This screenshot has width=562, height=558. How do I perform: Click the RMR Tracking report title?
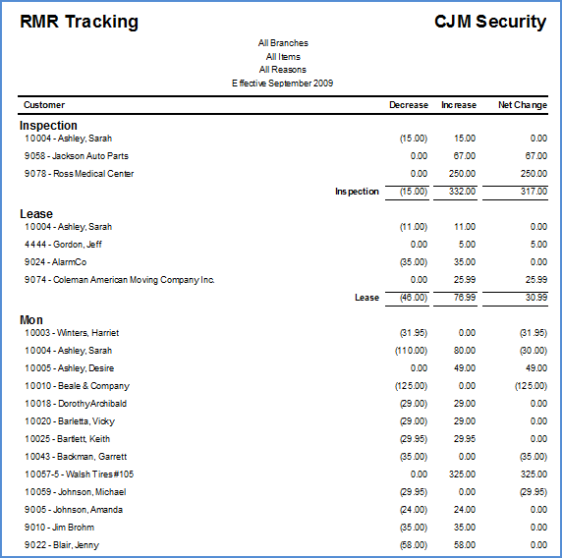pos(79,22)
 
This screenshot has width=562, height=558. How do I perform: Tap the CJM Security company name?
pos(490,22)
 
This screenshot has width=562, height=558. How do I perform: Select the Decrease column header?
pos(409,105)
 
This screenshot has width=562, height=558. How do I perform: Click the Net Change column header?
pos(523,105)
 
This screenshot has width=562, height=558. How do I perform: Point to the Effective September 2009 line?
pos(282,84)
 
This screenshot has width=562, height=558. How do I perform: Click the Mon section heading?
pos(31,320)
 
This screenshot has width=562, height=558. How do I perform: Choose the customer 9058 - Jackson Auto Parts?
pos(77,156)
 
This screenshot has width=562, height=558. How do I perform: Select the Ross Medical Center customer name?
pos(93,174)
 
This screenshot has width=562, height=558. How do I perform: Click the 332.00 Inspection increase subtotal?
pos(462,192)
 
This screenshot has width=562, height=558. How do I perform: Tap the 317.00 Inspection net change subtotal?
pos(534,192)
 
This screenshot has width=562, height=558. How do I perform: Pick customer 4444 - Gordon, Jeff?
pos(63,245)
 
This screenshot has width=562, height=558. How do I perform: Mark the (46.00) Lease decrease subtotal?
pos(414,298)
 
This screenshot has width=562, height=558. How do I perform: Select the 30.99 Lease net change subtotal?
pos(536,298)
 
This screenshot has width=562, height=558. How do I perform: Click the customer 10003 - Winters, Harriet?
pos(72,333)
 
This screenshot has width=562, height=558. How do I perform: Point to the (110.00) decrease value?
pos(411,351)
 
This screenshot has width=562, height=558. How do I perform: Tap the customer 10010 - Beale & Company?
pos(77,386)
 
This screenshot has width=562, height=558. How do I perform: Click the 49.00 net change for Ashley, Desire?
pos(536,368)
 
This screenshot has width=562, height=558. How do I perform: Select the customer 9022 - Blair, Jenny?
pos(62,545)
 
